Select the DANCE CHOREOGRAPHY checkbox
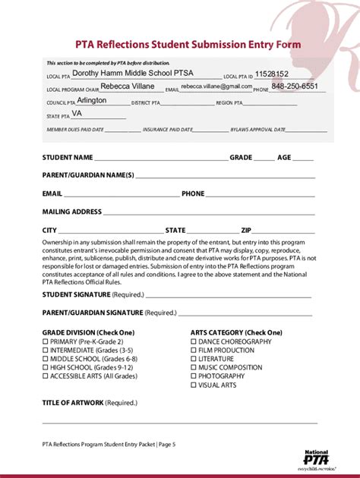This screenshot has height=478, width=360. pyautogui.click(x=193, y=341)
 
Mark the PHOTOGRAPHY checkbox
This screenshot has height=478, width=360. pyautogui.click(x=193, y=376)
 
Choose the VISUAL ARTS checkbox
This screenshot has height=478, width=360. pyautogui.click(x=193, y=385)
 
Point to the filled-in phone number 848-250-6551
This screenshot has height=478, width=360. pyautogui.click(x=295, y=86)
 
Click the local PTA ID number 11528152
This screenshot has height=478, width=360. pyautogui.click(x=272, y=74)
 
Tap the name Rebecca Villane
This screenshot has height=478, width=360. pyautogui.click(x=128, y=86)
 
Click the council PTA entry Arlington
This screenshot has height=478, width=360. pyautogui.click(x=92, y=100)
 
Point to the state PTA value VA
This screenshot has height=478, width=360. pyautogui.click(x=77, y=114)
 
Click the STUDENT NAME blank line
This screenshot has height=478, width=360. pyautogui.click(x=160, y=160)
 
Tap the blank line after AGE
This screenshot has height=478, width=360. pyautogui.click(x=303, y=160)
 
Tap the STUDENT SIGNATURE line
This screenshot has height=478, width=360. pyautogui.click(x=228, y=297)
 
